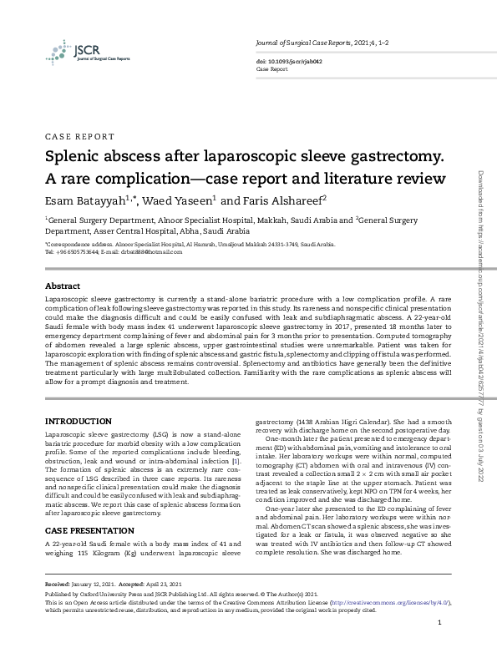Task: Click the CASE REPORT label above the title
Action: pyautogui.click(x=80, y=136)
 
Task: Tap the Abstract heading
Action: pyautogui.click(x=63, y=285)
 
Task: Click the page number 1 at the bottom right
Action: pyautogui.click(x=440, y=623)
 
